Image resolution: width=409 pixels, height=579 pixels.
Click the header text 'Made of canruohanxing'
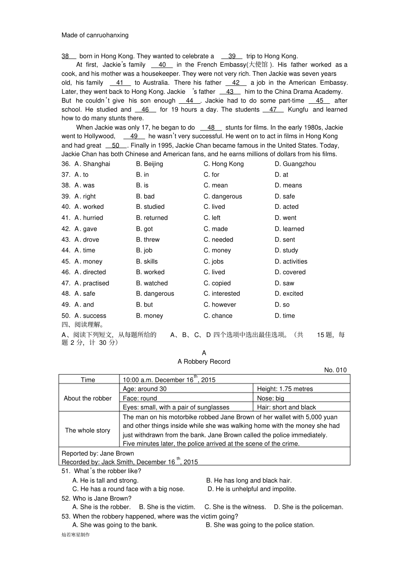pyautogui.click(x=95, y=35)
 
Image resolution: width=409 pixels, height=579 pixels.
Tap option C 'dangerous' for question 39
pyautogui.click(x=223, y=196)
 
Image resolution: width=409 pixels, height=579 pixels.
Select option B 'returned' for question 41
pyautogui.click(x=152, y=218)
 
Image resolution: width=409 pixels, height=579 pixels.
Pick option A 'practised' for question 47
pyautogui.click(x=92, y=283)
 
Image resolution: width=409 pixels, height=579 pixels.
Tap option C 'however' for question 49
pyautogui.click(x=220, y=305)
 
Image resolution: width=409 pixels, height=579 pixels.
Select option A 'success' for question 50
pyautogui.click(x=90, y=316)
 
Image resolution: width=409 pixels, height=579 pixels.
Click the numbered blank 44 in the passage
pyautogui.click(x=190, y=101)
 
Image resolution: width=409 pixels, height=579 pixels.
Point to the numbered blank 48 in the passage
pyautogui.click(x=211, y=127)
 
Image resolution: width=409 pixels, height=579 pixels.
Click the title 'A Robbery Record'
pyautogui.click(x=204, y=362)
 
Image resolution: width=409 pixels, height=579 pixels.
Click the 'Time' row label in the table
pyautogui.click(x=88, y=380)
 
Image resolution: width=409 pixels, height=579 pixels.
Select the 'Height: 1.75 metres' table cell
pyautogui.click(x=285, y=389)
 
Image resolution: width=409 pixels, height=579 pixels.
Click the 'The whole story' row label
pyautogui.click(x=87, y=430)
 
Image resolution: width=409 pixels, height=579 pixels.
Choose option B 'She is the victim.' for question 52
pyautogui.click(x=167, y=507)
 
